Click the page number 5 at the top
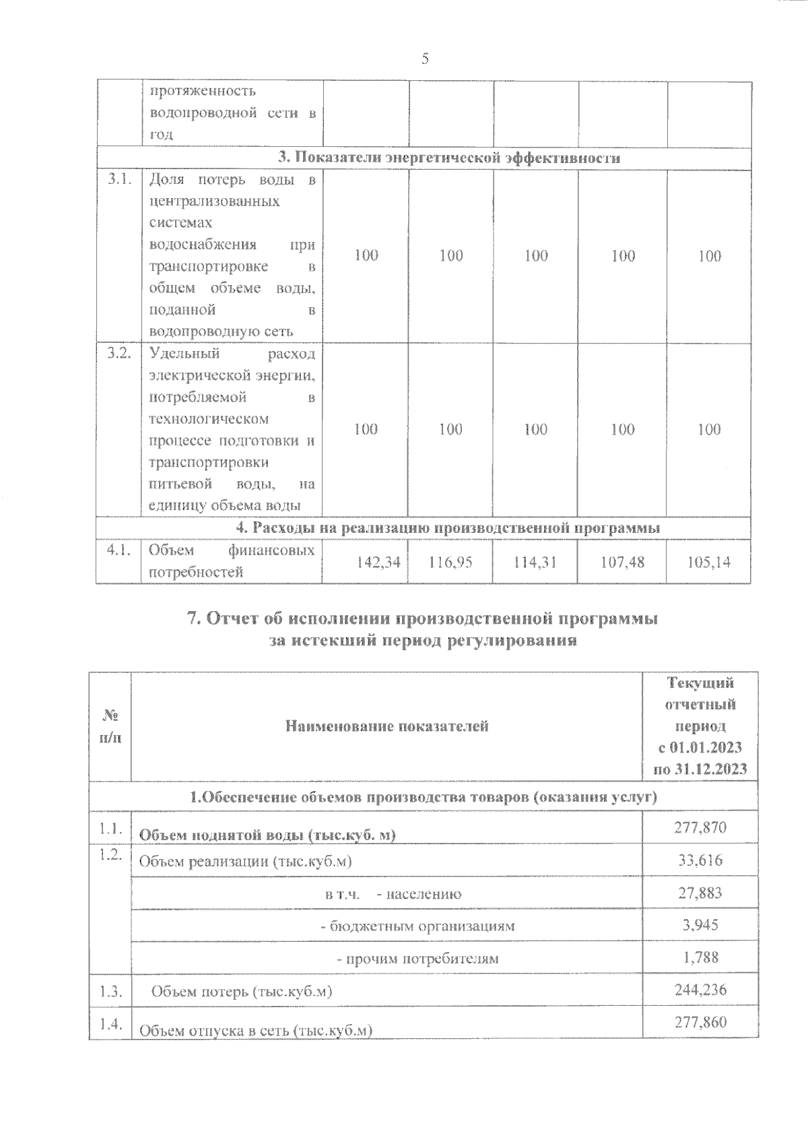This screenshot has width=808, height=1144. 425,59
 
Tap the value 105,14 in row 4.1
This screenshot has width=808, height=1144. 709,561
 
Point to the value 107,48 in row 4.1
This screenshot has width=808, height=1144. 621,561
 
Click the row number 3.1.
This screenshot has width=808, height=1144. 119,180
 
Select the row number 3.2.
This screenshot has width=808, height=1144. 119,354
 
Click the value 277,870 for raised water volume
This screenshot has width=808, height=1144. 700,827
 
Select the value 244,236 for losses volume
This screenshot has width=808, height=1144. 700,990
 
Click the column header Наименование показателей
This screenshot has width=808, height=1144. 387,726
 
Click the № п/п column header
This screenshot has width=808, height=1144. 110,727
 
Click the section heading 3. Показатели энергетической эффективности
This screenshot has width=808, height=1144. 449,158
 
